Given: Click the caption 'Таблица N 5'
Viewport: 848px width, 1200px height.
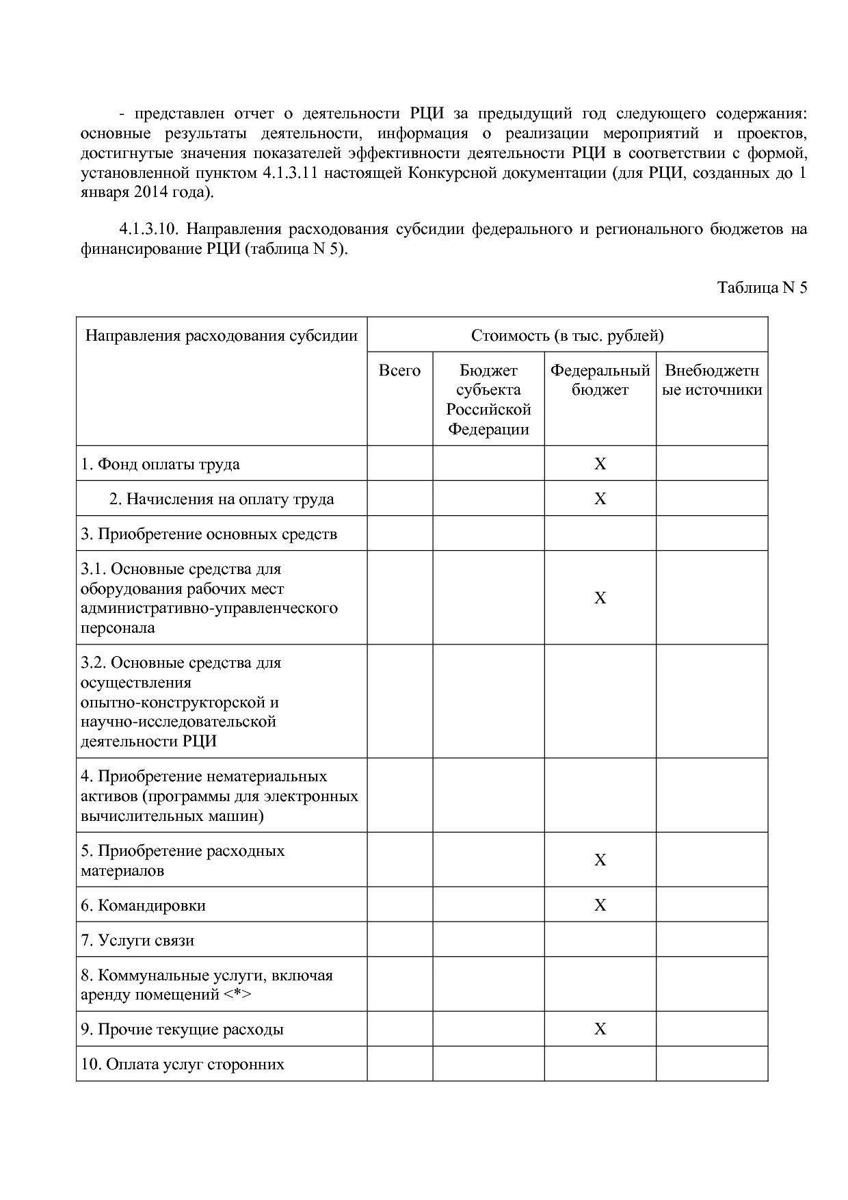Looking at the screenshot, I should pyautogui.click(x=762, y=287).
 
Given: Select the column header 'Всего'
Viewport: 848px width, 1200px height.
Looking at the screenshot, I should pyautogui.click(x=399, y=371).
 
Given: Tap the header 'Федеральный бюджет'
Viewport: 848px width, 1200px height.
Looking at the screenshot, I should pyautogui.click(x=600, y=380).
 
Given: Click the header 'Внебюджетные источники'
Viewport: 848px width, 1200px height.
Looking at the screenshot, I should pyautogui.click(x=712, y=380).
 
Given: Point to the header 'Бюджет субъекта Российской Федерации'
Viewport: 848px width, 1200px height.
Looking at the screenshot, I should pyautogui.click(x=488, y=400).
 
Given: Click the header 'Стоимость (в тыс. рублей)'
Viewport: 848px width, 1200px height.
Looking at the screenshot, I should pyautogui.click(x=567, y=335).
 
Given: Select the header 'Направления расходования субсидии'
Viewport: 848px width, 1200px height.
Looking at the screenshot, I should pyautogui.click(x=221, y=335).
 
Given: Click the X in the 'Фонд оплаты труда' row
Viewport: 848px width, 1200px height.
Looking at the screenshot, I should pyautogui.click(x=600, y=464).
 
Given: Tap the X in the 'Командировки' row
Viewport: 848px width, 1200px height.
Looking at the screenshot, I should pyautogui.click(x=600, y=905).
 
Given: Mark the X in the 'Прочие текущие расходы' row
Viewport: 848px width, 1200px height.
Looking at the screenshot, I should pyautogui.click(x=600, y=1029).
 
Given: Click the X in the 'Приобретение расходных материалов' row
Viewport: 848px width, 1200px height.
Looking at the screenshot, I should pyautogui.click(x=600, y=860).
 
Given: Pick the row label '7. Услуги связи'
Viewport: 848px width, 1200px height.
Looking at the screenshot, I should pyautogui.click(x=137, y=940).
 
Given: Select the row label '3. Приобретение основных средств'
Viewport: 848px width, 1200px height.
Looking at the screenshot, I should pyautogui.click(x=209, y=534).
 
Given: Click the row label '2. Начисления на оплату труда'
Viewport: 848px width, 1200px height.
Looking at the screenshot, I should pyautogui.click(x=222, y=499).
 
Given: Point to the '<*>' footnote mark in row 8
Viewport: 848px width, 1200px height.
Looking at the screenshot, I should pyautogui.click(x=237, y=995).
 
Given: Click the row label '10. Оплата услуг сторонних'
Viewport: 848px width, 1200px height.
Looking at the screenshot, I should pyautogui.click(x=182, y=1064).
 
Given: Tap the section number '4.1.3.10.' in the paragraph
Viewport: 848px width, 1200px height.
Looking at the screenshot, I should pyautogui.click(x=148, y=229).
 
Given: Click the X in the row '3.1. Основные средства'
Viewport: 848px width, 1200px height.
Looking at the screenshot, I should pyautogui.click(x=600, y=598).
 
